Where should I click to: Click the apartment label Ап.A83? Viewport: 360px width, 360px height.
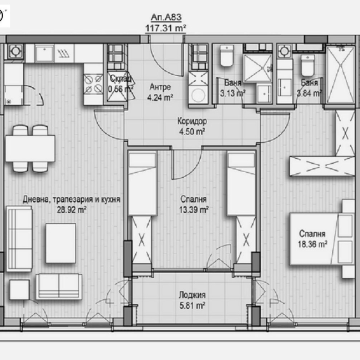pos(166,19)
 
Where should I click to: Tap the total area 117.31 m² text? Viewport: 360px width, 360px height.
pos(166,28)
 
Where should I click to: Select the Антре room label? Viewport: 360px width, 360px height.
pos(161,87)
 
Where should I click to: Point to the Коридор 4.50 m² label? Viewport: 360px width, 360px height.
pos(192,126)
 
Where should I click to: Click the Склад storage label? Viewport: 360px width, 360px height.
pos(121,78)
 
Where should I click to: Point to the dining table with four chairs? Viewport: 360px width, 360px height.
pos(30,148)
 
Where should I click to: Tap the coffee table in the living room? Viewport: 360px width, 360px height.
pos(60,243)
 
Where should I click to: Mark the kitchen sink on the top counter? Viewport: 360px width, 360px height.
pos(45,54)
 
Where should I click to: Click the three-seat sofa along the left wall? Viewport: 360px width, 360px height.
pos(20,239)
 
